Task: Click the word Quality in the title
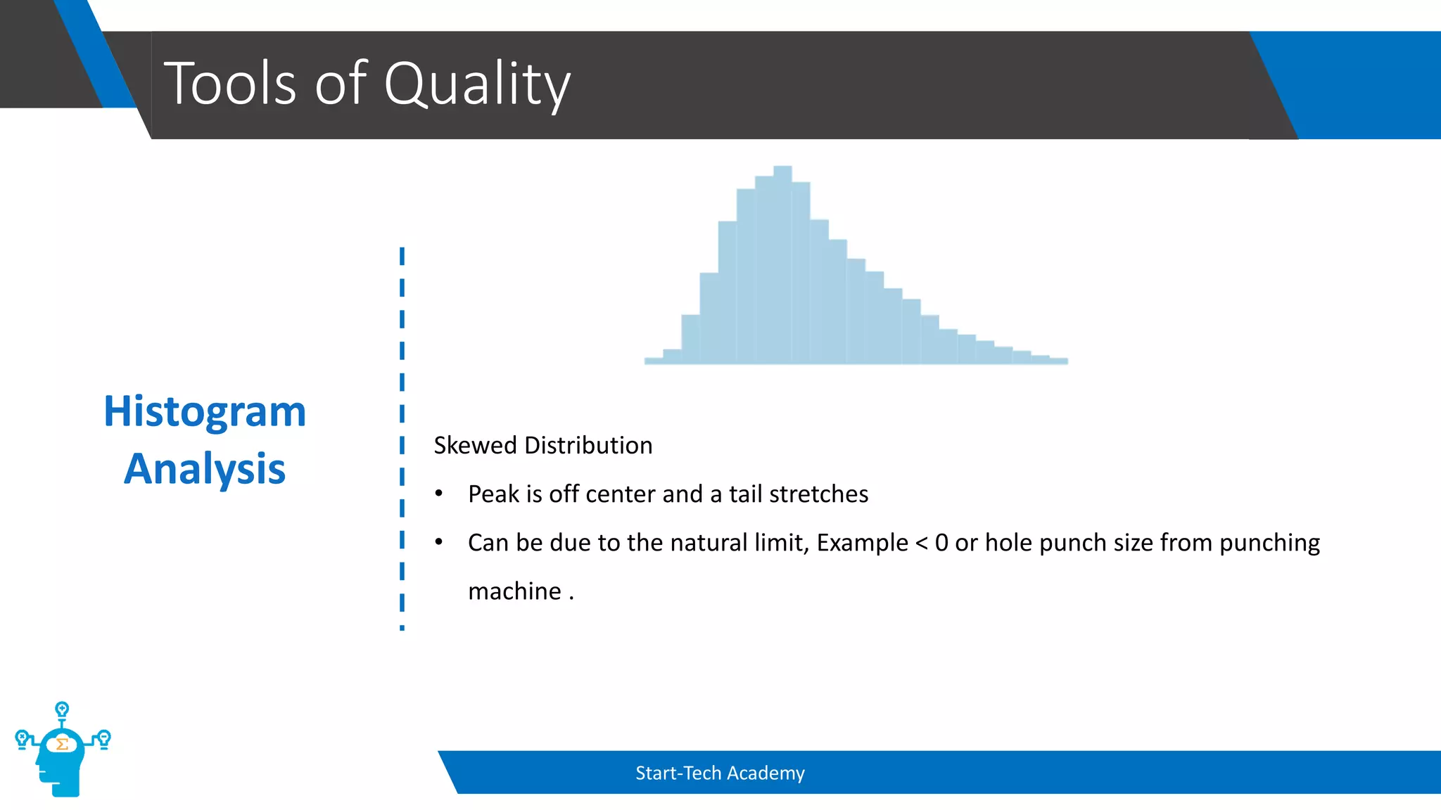click(476, 84)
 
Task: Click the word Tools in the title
click(230, 84)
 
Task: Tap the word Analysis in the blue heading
click(205, 469)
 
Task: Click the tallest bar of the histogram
click(782, 267)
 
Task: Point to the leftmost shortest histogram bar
click(654, 361)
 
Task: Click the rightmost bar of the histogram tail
click(1058, 361)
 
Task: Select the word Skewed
click(475, 446)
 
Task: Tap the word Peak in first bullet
click(493, 494)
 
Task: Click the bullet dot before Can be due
click(438, 542)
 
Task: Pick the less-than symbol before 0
click(922, 543)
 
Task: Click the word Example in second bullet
click(862, 543)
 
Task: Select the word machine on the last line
click(514, 591)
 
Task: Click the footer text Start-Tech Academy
click(720, 773)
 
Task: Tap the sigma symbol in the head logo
click(62, 744)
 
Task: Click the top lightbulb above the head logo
click(62, 709)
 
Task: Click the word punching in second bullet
click(1269, 543)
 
